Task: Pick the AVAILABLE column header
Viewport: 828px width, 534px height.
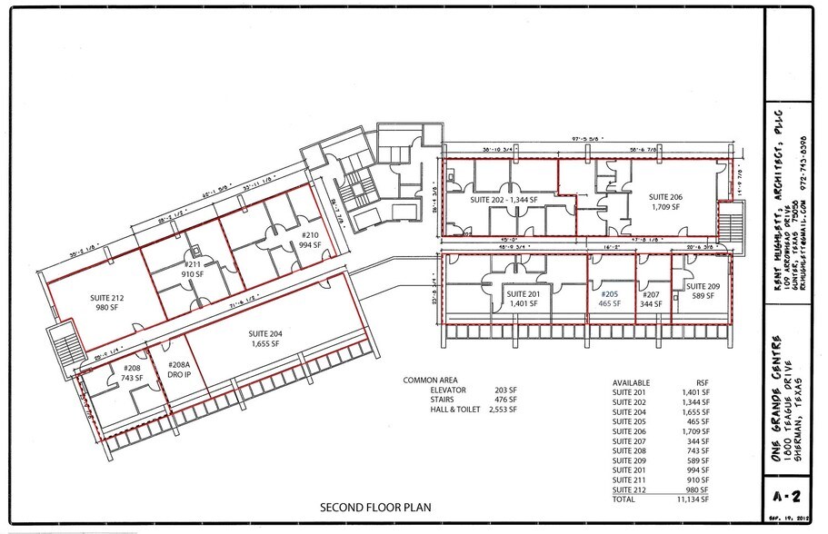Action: tap(632, 381)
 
